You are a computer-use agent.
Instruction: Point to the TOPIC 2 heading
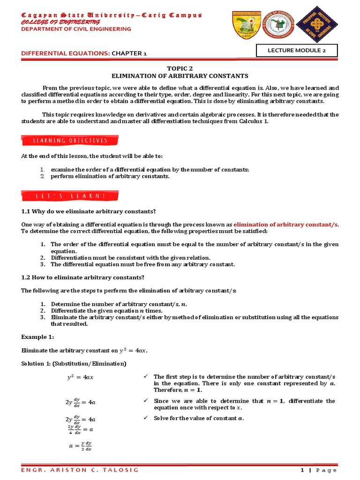[x=180, y=68]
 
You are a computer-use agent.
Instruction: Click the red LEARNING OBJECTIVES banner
[x=70, y=141]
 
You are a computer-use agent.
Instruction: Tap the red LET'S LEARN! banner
[x=70, y=195]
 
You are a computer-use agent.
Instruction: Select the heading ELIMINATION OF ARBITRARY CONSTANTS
[x=180, y=75]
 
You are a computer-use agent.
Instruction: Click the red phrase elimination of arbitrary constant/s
[x=285, y=225]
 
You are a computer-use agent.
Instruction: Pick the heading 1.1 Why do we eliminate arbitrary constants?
[x=89, y=211]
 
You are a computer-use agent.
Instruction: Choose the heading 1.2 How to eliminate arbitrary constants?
[x=82, y=277]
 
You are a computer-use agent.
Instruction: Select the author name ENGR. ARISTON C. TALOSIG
[x=69, y=470]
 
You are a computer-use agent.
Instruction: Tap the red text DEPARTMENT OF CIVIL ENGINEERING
[x=76, y=29]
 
